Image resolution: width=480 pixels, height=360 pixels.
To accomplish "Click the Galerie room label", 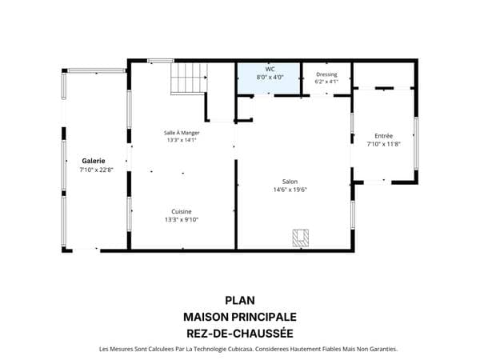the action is tap(94, 161).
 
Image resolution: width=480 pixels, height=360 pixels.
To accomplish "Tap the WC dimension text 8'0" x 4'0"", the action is tap(270, 77).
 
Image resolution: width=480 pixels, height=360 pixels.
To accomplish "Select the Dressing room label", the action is tap(326, 74).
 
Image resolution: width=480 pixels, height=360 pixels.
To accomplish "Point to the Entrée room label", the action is tap(383, 136).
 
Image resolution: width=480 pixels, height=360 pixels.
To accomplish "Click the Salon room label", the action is tap(290, 182).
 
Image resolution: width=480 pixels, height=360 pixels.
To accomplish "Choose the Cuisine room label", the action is tap(182, 211).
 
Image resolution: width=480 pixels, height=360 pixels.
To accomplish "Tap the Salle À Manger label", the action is tap(182, 133).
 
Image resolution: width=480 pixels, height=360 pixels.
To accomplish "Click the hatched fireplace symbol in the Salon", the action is tap(301, 238).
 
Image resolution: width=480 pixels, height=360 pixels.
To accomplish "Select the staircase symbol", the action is tap(189, 78).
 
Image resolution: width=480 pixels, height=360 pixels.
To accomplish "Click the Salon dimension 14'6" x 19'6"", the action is tap(290, 190).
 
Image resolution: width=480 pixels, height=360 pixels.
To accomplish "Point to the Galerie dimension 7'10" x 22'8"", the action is tap(97, 170).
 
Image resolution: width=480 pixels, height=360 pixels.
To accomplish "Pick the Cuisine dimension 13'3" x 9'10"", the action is tap(182, 219).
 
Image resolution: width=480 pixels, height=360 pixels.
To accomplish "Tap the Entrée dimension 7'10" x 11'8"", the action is tap(383, 144).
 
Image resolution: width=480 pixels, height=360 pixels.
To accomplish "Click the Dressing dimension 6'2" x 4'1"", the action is tap(326, 82).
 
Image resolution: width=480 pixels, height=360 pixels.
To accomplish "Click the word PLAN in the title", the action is tap(240, 301).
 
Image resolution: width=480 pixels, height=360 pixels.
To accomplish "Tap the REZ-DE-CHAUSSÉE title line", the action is tap(240, 334).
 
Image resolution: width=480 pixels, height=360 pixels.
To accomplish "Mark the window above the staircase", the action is tap(161, 61).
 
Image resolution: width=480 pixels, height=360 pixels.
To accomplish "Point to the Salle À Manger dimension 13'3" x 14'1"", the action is tap(182, 140).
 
